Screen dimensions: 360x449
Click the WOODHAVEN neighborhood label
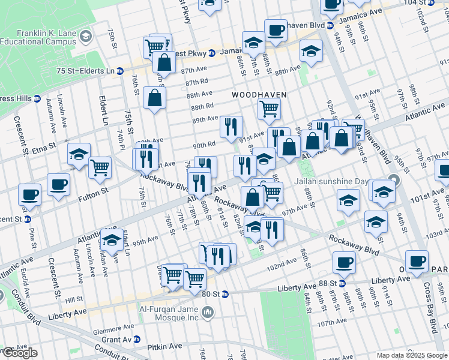(259, 95)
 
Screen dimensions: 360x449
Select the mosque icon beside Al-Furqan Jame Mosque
(208, 311)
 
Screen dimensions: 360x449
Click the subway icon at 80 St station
(225, 294)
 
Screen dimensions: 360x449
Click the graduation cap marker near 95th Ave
(112, 239)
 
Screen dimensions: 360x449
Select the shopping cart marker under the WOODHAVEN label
(270, 109)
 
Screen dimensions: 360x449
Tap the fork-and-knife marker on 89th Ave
(231, 126)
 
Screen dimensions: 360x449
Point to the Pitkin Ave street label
(166, 346)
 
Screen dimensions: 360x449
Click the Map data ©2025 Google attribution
(411, 355)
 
